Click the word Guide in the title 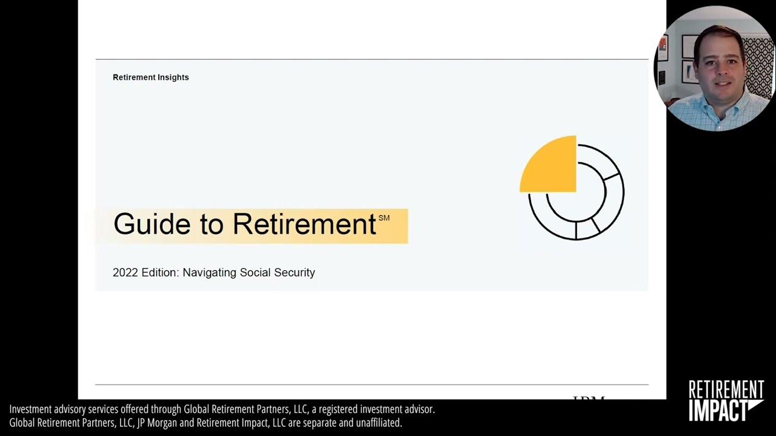point(143,224)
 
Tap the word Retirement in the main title point(304,224)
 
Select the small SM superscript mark point(384,218)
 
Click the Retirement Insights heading point(150,78)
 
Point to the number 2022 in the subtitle point(125,272)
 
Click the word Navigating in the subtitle point(209,272)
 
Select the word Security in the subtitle point(295,272)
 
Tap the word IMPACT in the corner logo point(718,410)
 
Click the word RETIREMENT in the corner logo point(726,389)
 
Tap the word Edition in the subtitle point(160,272)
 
